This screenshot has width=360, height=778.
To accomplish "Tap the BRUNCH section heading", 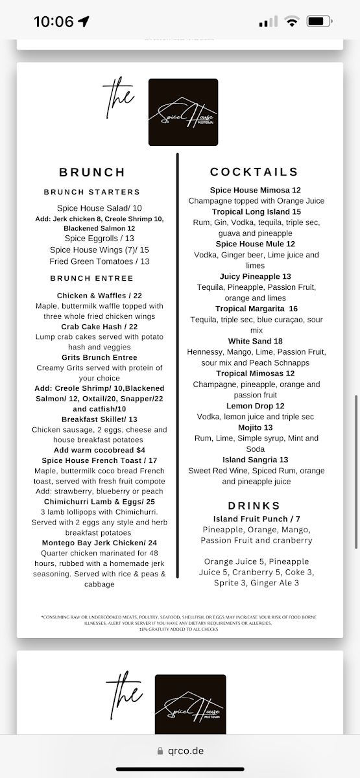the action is (x=92, y=172).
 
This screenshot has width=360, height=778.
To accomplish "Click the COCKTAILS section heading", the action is (x=254, y=172).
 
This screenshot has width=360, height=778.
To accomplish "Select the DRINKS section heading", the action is (x=254, y=506).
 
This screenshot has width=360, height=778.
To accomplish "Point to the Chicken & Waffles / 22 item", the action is (x=99, y=295).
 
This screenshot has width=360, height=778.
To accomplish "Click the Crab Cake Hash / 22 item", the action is (x=99, y=326).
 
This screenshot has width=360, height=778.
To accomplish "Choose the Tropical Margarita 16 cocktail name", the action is (x=256, y=309).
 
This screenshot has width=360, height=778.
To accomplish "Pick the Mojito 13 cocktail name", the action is (x=256, y=427).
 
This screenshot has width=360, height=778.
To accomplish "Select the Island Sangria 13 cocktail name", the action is (x=256, y=460).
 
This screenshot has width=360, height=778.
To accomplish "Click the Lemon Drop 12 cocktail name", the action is (x=256, y=406).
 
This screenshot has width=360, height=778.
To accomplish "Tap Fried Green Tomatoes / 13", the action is (x=99, y=261).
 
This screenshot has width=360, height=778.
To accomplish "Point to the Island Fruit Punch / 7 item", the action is (x=256, y=519).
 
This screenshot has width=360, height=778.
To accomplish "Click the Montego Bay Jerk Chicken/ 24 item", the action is (x=99, y=543).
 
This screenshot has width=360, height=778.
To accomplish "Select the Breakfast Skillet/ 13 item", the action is (x=99, y=419).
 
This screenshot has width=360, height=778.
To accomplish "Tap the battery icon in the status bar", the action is (x=320, y=21).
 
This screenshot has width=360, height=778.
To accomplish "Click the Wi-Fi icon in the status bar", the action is (x=292, y=21).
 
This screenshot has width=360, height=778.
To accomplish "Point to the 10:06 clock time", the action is (x=54, y=21).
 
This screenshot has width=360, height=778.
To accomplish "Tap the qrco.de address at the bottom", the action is (x=185, y=751).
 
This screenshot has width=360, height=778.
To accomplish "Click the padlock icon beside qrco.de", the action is (x=160, y=751).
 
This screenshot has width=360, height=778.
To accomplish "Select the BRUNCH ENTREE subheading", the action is (x=91, y=279).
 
